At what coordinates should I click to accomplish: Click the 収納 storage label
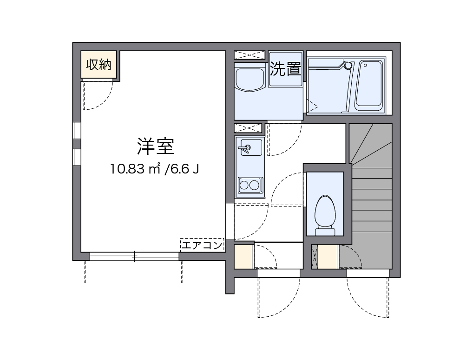tap(99, 65)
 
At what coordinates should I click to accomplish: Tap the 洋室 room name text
tap(155, 147)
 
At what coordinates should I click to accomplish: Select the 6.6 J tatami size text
tap(184, 168)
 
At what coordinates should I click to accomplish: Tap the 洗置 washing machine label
tap(286, 69)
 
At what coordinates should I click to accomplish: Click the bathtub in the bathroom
tap(369, 85)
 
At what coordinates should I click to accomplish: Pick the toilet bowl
tap(325, 210)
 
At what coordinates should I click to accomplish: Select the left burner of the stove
tap(244, 185)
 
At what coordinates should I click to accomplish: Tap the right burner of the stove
tap(255, 185)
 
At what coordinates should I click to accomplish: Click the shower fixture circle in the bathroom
tap(348, 66)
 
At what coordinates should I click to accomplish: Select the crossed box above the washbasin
tap(250, 55)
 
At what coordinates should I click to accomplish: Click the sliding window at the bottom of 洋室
tap(134, 256)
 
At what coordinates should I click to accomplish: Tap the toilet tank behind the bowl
tap(325, 231)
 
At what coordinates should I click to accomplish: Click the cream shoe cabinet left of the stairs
tap(328, 257)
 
